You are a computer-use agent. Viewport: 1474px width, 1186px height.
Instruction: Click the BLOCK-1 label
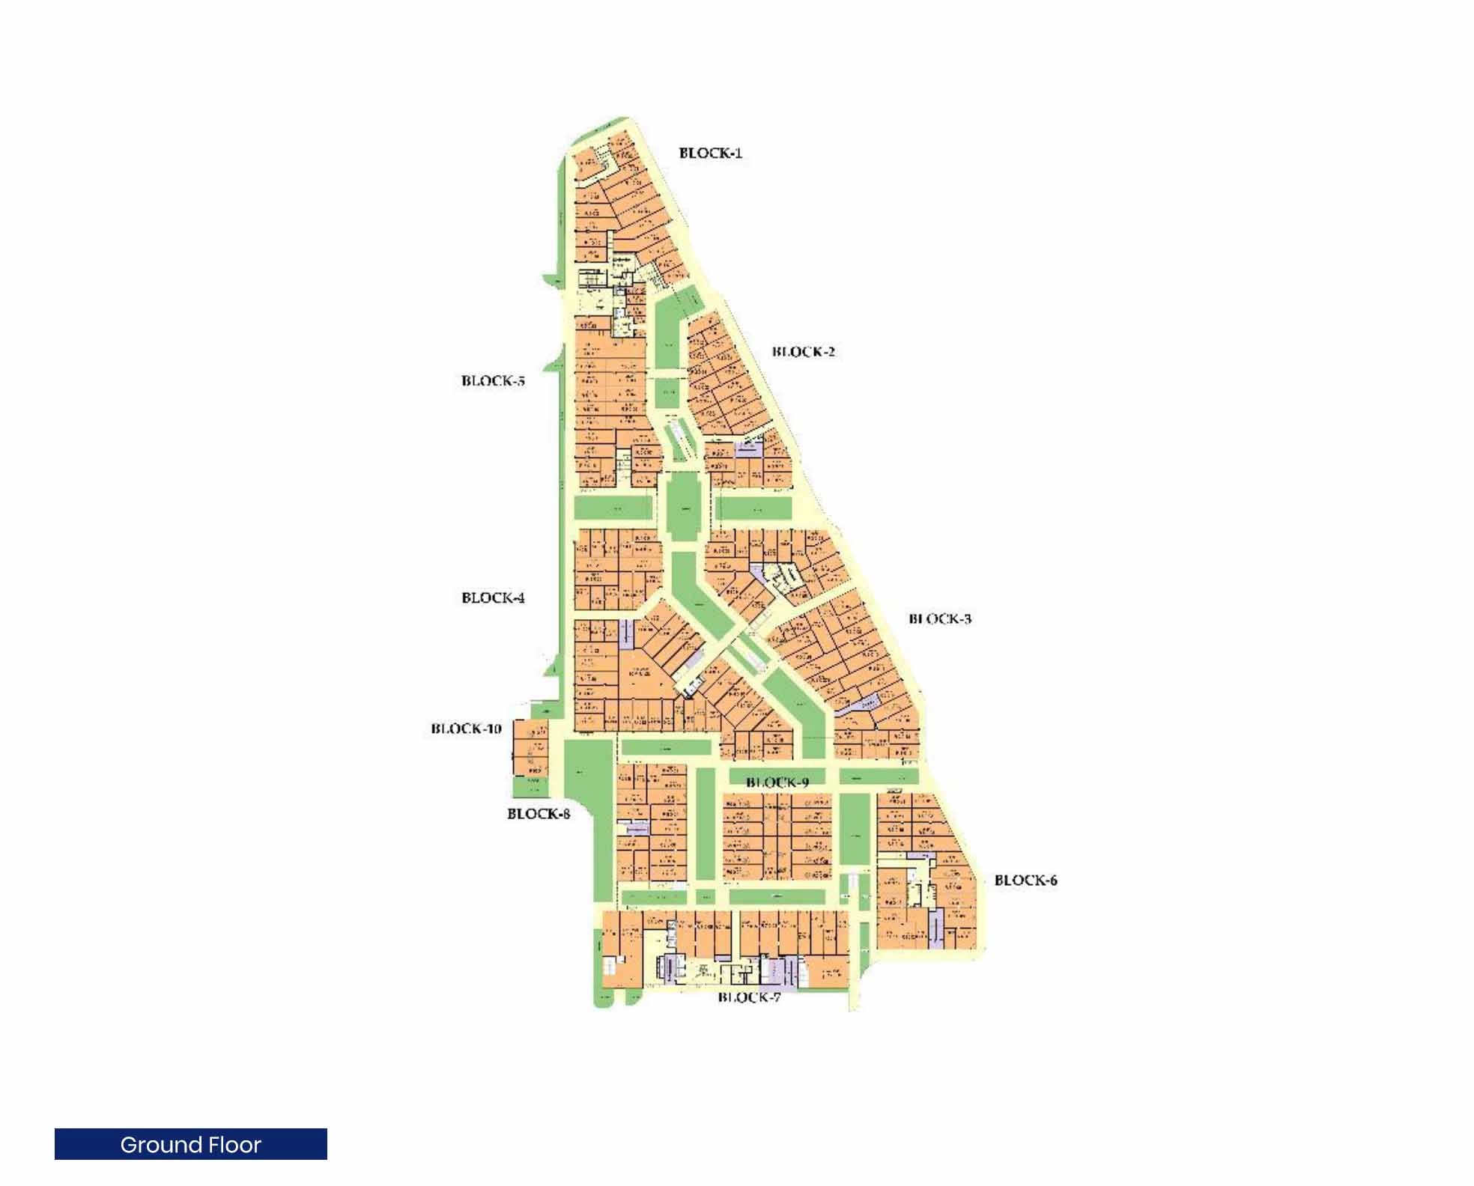click(x=710, y=153)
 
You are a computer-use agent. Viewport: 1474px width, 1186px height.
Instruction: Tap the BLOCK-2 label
click(x=803, y=352)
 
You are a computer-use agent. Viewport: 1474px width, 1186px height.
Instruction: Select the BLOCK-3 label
click(x=940, y=618)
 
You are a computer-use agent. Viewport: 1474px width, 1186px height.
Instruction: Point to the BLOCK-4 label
click(x=493, y=597)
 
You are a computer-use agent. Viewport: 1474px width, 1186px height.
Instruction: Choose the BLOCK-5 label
click(x=493, y=381)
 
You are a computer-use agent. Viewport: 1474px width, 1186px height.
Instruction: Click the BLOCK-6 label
click(x=1025, y=881)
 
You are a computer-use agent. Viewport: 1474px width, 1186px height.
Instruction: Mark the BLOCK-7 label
click(x=749, y=997)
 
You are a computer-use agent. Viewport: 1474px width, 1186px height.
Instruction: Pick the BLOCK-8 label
click(x=539, y=814)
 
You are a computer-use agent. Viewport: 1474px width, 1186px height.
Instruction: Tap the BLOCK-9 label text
click(x=777, y=782)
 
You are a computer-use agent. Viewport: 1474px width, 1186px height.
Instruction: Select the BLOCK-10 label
click(x=466, y=729)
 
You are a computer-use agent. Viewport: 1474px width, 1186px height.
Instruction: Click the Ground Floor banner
click(x=190, y=1145)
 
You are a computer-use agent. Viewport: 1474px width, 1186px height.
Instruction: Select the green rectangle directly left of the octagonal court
click(x=614, y=508)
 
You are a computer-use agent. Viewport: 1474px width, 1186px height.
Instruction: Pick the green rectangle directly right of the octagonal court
click(x=753, y=508)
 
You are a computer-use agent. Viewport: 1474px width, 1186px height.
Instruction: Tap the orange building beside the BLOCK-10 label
click(x=530, y=748)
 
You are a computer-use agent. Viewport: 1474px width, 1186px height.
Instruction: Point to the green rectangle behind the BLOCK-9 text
click(x=777, y=776)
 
